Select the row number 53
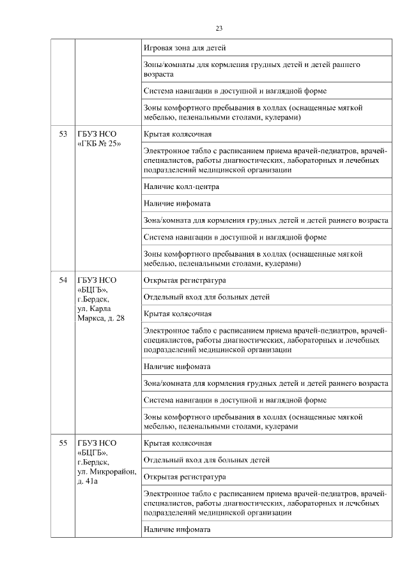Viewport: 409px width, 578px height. (63, 135)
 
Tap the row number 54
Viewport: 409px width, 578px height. (63, 280)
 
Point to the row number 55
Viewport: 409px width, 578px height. (63, 443)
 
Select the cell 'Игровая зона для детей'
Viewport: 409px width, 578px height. (185, 48)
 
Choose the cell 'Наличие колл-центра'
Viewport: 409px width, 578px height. (181, 187)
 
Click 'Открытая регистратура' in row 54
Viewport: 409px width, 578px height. (185, 280)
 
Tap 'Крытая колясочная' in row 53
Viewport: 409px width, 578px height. (178, 135)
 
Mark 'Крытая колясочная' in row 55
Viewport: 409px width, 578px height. (178, 443)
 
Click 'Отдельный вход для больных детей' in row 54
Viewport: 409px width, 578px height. (206, 297)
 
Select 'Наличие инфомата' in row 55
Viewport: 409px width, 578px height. (177, 529)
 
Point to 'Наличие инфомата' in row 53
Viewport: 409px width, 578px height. (177, 204)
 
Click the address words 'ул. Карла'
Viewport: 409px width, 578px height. (95, 308)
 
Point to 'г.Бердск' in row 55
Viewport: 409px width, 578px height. (93, 462)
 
